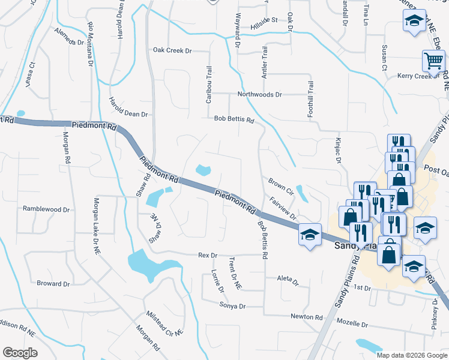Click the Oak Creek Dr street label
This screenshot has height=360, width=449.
(x=172, y=50)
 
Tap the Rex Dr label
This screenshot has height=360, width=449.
(x=208, y=256)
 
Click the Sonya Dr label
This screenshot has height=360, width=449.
(x=234, y=306)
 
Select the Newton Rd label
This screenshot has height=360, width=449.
(x=307, y=316)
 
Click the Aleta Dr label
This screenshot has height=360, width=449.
(x=288, y=279)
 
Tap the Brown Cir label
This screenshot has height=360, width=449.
(x=280, y=183)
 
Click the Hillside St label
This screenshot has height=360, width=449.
(x=264, y=20)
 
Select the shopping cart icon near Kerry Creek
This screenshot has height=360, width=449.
(x=433, y=60)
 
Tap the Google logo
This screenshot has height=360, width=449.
(x=20, y=353)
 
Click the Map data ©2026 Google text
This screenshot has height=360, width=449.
(x=411, y=355)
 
